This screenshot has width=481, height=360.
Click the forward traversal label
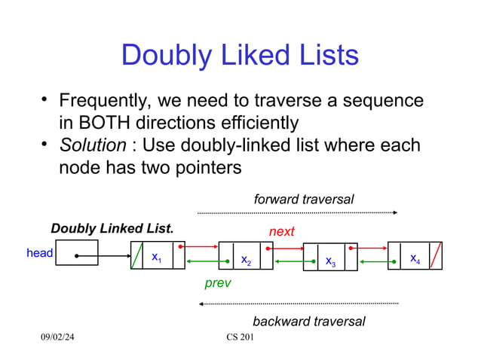click(x=304, y=199)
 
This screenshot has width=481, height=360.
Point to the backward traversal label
click(x=308, y=322)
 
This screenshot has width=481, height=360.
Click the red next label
click(x=282, y=232)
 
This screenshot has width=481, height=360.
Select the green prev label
click(x=218, y=284)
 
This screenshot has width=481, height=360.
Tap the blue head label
click(x=39, y=254)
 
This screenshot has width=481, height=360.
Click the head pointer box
click(x=76, y=253)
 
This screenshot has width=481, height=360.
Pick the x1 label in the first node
click(x=156, y=258)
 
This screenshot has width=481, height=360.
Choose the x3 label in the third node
click(x=330, y=261)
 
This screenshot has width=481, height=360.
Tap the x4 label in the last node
click(x=415, y=259)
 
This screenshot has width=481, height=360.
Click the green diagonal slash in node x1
click(x=137, y=255)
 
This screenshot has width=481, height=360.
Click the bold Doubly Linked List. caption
click(x=112, y=228)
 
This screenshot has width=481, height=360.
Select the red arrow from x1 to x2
click(x=201, y=246)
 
